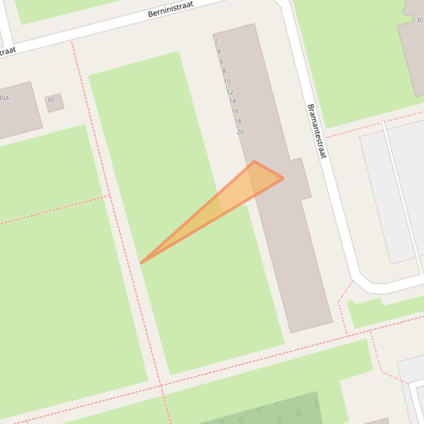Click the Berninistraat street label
tap(171, 9)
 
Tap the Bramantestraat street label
tap(316, 131)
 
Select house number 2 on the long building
tap(216, 41)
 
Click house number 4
tap(219, 51)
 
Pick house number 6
tap(221, 61)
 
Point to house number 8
tap(224, 71)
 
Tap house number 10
tap(227, 81)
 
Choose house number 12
tap(230, 92)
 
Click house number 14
tap(232, 101)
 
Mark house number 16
tap(235, 111)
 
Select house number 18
tap(238, 121)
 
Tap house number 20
tap(240, 132)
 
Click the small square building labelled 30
tap(54, 102)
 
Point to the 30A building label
tap(4, 98)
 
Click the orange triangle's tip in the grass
tap(142, 263)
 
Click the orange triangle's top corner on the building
tap(254, 162)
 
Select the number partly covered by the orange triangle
tap(278, 178)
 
